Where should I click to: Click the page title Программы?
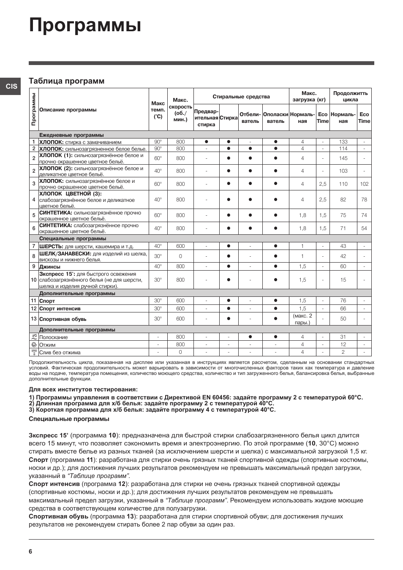[x=85, y=26]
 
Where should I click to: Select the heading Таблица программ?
[x=66, y=81]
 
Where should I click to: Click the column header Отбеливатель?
[x=250, y=118]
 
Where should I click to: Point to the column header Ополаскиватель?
[x=275, y=118]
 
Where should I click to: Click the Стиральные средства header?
[x=241, y=97]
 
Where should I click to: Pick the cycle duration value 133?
[x=343, y=142]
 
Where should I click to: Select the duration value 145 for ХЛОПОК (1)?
[x=343, y=158]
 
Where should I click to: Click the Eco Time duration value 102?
[x=364, y=184]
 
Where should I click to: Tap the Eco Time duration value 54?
[x=364, y=228]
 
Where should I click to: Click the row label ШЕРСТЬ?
[x=51, y=247]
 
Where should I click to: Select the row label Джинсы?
[x=50, y=267]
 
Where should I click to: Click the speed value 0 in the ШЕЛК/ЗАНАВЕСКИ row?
[x=180, y=256]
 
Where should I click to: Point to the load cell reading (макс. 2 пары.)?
[x=302, y=319]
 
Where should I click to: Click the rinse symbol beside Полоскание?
[x=34, y=337]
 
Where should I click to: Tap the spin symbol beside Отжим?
[x=34, y=345]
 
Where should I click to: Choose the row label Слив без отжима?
[x=60, y=353]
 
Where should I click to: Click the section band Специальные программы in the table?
[x=73, y=239]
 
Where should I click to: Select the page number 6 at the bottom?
[x=30, y=551]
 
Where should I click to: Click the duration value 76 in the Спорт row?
[x=343, y=301]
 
